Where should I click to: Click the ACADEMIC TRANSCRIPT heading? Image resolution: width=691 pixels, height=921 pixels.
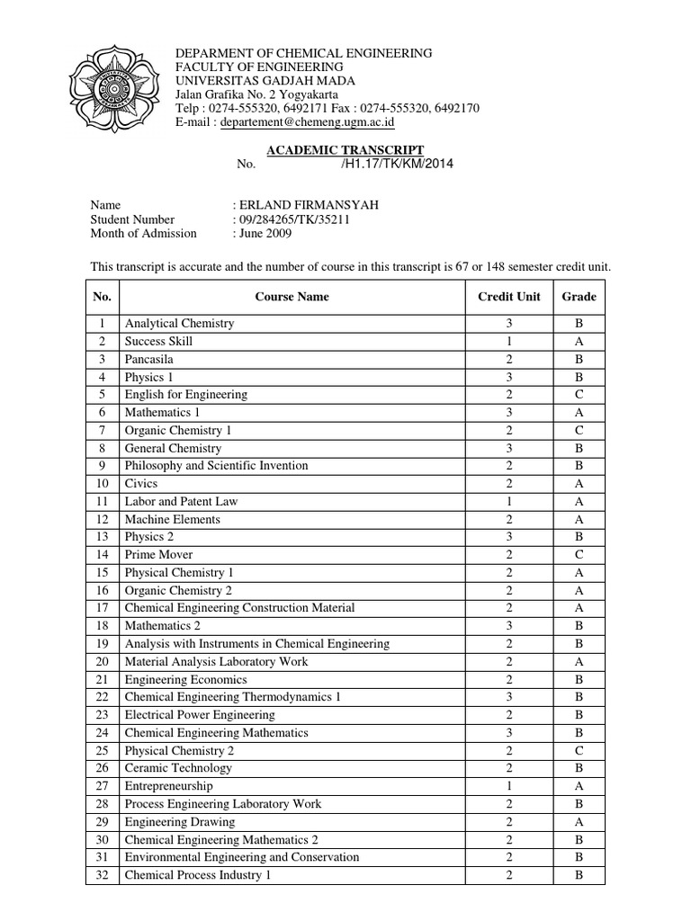coord(346,149)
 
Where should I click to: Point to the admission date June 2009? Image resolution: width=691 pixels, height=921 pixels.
coord(265,234)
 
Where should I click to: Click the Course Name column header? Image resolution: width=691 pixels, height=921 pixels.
coord(292,296)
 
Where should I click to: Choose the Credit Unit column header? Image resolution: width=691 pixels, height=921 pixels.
coord(508,296)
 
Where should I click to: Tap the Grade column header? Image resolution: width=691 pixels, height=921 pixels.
coord(579,296)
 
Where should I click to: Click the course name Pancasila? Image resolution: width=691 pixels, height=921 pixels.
coord(149,359)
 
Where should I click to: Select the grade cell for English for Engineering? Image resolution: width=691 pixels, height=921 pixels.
coord(579,395)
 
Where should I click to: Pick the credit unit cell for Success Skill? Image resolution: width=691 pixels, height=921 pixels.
coord(508,341)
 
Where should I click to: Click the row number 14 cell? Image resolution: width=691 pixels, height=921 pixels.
coord(103,555)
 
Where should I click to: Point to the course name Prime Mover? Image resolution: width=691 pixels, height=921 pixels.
coord(158,555)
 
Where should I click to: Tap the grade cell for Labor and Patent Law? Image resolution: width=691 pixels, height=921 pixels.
coord(579,501)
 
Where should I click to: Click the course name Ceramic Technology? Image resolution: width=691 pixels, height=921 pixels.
coord(178,768)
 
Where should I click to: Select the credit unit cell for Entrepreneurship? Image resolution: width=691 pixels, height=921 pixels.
coord(508,786)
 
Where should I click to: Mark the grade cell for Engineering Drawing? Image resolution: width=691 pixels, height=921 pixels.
coord(579,822)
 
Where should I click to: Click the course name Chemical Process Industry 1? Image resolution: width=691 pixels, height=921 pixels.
coord(198,875)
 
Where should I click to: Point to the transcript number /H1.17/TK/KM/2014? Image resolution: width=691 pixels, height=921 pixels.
coord(398,164)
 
